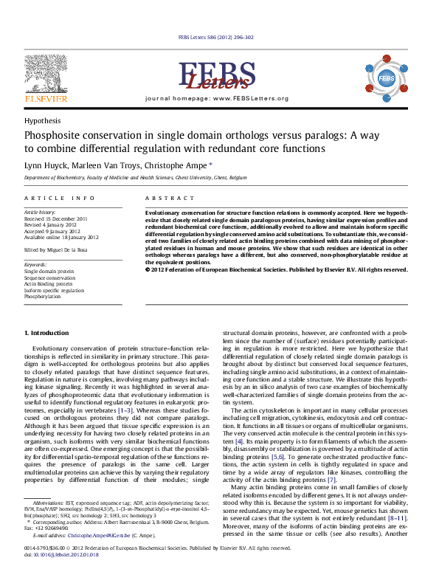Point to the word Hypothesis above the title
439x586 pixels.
(x=43, y=120)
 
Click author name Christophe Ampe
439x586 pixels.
(x=180, y=165)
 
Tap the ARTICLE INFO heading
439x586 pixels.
(x=60, y=199)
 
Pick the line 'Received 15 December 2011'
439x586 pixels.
(x=56, y=218)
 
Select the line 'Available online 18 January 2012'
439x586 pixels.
(x=62, y=237)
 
